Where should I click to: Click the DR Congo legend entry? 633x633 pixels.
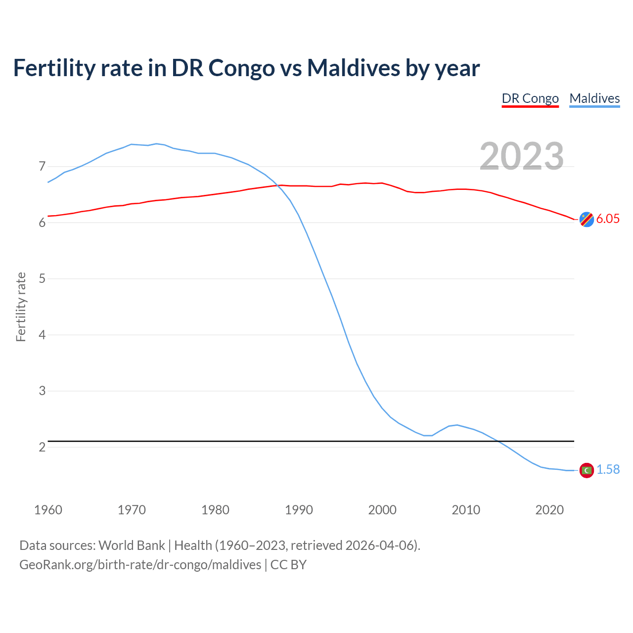530,98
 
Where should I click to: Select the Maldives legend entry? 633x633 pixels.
594,98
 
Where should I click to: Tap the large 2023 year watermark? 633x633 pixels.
522,156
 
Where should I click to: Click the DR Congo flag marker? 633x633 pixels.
587,219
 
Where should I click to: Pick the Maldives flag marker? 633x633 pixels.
587,470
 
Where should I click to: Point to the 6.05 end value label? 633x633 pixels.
608,219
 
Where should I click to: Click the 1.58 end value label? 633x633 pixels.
608,470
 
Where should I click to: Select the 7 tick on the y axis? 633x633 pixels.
42,166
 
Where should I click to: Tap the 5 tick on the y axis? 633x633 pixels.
42,278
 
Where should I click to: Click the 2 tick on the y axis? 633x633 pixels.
42,447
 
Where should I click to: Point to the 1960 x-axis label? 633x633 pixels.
48,510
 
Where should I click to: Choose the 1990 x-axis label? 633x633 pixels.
299,510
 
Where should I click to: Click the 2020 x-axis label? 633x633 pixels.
549,510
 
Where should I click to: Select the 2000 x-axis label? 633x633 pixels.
382,510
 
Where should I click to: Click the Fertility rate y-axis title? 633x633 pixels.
21,307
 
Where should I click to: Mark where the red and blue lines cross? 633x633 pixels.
277,185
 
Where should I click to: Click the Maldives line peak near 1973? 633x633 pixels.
156,143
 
